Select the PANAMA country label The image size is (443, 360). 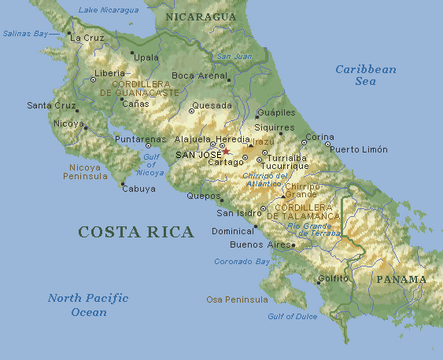pos(401,279)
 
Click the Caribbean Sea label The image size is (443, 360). pos(366,75)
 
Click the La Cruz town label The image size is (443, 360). pos(87,37)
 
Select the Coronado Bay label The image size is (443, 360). pos(242,261)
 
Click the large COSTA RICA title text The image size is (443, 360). pos(135,232)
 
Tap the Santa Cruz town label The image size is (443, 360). pos(50,105)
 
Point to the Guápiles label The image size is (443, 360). pos(276,112)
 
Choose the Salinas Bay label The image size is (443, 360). pos(26,34)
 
